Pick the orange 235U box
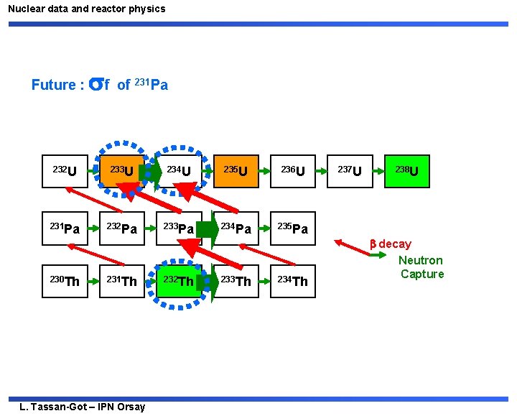236,171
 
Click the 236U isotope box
292,171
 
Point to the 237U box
349,171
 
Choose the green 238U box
407,171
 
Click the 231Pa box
65,229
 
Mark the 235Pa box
292,229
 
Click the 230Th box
65,281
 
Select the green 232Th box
177,281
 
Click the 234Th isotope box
292,281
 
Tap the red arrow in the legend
352,248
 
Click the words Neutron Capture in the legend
421,267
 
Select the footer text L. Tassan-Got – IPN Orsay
83,407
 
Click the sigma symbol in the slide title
95,85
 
